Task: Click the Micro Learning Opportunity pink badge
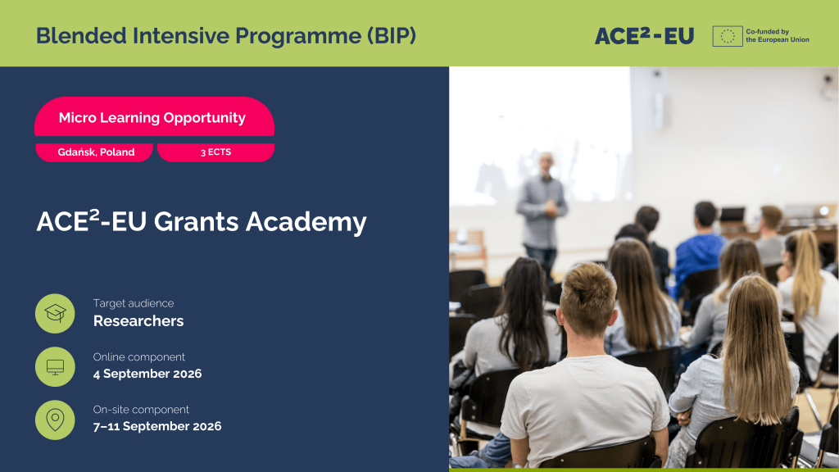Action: click(x=154, y=117)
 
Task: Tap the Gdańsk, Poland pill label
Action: click(x=95, y=152)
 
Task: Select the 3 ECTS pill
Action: click(x=215, y=152)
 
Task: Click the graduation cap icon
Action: click(x=55, y=313)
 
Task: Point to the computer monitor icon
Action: click(x=55, y=366)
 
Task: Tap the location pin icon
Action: click(x=55, y=420)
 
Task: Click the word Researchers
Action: click(x=138, y=321)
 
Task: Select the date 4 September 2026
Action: click(x=147, y=374)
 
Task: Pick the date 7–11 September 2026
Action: click(x=156, y=426)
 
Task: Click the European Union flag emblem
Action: click(x=728, y=36)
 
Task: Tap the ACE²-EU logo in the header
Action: click(x=644, y=36)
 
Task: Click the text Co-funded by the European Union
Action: click(x=778, y=36)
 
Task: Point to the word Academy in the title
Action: click(x=306, y=222)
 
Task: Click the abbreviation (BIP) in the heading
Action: click(x=391, y=36)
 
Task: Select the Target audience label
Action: click(x=134, y=303)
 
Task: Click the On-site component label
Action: click(x=141, y=410)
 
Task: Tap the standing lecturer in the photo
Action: click(x=542, y=214)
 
